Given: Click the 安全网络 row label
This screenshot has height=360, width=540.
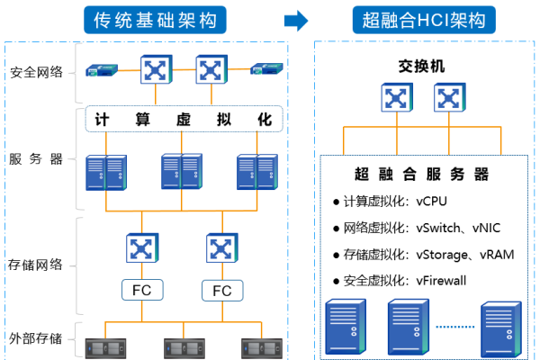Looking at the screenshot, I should tap(36, 72).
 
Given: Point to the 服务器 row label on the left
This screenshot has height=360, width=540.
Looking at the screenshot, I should tap(36, 159).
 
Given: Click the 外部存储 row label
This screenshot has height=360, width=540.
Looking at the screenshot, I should tap(36, 338).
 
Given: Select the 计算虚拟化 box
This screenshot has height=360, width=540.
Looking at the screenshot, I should tap(184, 119).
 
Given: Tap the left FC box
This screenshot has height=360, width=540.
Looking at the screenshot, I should tap(141, 291).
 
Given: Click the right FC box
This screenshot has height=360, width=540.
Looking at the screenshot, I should tap(221, 291).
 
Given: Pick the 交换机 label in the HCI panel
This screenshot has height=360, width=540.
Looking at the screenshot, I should tap(421, 67).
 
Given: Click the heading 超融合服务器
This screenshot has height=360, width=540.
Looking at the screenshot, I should tap(422, 174).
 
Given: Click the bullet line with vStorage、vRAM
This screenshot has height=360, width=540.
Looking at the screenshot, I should tap(422, 255).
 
